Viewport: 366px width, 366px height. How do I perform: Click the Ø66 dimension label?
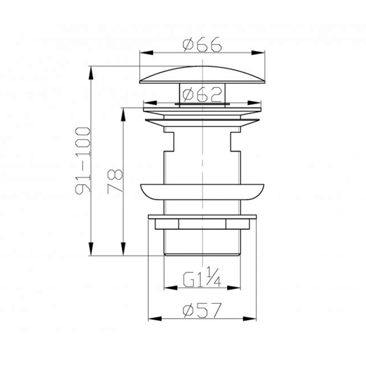click(202, 44)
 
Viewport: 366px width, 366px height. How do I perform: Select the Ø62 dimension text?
click(202, 95)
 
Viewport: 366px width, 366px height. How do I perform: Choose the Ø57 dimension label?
click(202, 310)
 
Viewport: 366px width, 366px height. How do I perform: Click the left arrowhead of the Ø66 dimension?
click(146, 52)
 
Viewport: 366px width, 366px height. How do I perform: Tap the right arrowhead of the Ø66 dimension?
click(258, 52)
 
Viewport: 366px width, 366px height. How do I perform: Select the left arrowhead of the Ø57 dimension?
click(155, 319)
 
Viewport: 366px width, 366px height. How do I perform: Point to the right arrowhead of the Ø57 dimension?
click(249, 319)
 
